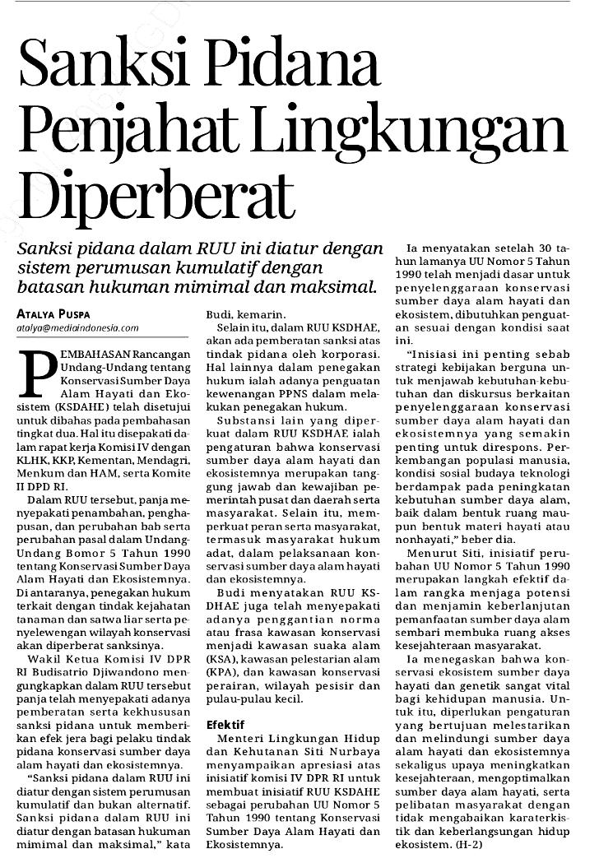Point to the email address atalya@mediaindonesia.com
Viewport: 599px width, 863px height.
[77, 327]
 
